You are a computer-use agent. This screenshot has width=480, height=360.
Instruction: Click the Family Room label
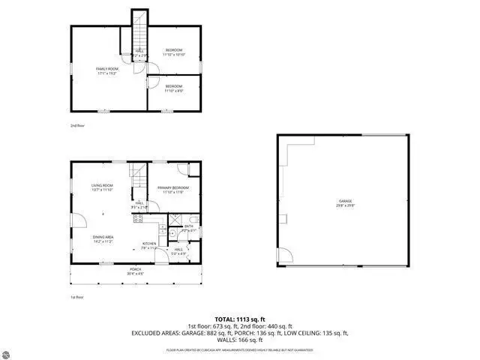(107, 69)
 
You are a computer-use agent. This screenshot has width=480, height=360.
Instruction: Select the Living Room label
(102, 185)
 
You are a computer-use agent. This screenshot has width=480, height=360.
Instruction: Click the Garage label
(345, 201)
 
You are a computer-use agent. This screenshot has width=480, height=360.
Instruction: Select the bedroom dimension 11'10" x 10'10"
(173, 55)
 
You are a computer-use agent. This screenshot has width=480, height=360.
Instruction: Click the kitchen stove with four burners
(138, 219)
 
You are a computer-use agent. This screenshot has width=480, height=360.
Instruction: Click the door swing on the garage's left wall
(283, 256)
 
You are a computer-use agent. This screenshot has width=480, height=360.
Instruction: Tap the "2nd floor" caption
(77, 125)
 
